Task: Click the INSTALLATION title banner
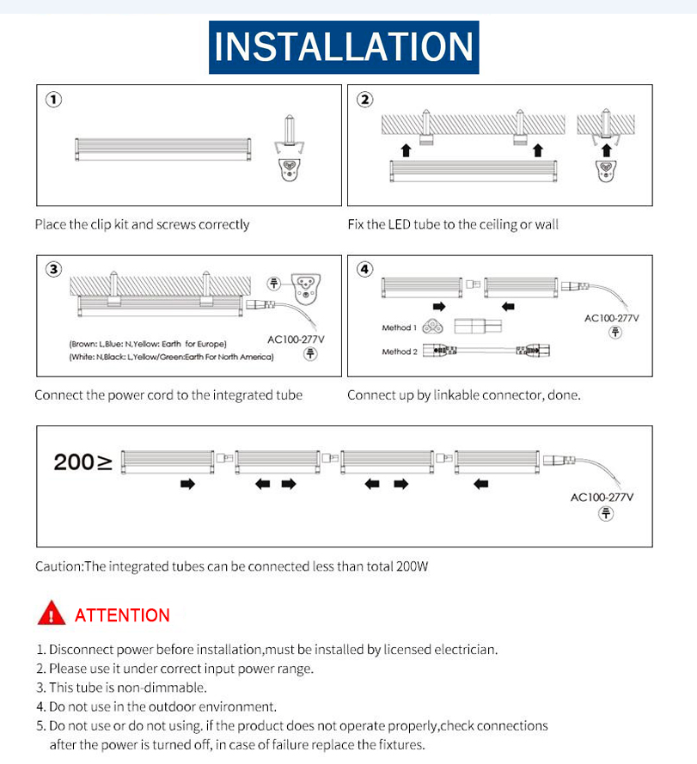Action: (x=344, y=46)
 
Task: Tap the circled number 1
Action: (x=54, y=100)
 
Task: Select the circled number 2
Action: (x=365, y=100)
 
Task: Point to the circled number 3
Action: (x=54, y=270)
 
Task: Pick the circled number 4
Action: (x=365, y=270)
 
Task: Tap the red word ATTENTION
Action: (x=122, y=615)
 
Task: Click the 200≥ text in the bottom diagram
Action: (x=83, y=462)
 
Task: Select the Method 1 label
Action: (x=399, y=327)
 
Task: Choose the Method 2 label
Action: (x=399, y=351)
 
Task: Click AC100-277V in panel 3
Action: (x=297, y=339)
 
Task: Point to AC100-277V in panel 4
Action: (x=612, y=318)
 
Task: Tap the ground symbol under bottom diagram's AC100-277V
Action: (x=607, y=514)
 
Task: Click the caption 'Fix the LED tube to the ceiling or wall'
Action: (x=453, y=224)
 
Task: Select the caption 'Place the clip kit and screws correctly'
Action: (x=142, y=224)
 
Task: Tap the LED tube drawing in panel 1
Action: (x=163, y=150)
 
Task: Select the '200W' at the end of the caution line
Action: (x=411, y=566)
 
